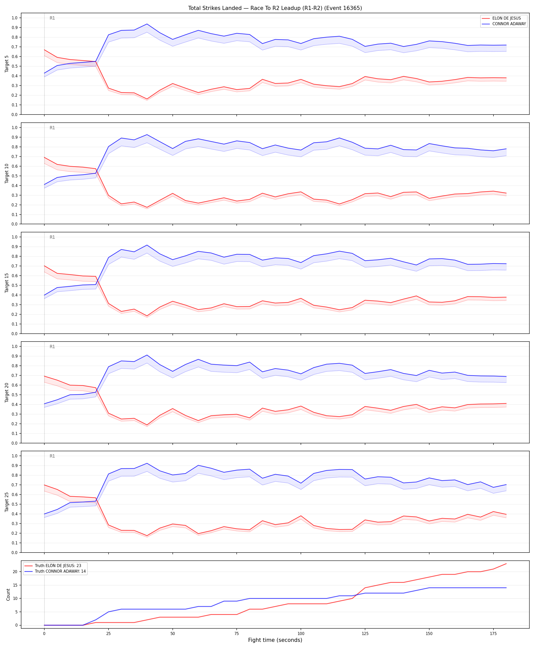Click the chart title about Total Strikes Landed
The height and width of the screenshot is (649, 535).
275,8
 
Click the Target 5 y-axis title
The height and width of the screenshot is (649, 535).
7,64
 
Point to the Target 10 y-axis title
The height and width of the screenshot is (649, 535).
7,173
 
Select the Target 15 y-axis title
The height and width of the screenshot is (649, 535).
7,283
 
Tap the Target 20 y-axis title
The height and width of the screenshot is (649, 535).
7,392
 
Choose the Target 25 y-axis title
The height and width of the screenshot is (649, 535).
7,502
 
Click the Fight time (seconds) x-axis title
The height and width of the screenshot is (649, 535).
275,640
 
